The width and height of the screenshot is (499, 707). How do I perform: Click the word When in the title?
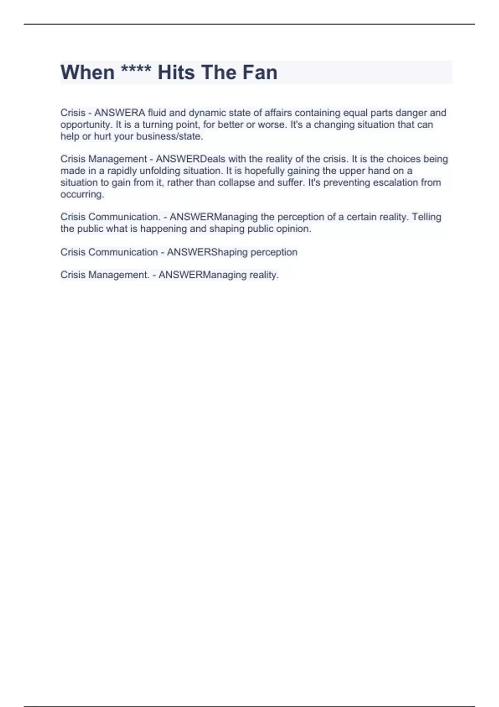click(x=87, y=72)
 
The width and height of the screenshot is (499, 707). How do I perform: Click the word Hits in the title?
click(x=176, y=72)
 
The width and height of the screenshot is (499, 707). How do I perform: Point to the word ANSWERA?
click(x=120, y=113)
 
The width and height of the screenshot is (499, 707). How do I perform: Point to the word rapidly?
click(x=121, y=171)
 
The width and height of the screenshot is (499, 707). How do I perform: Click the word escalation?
click(x=383, y=183)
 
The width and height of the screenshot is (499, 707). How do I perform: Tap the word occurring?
click(x=82, y=194)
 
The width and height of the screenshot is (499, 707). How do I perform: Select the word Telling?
click(x=426, y=217)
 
